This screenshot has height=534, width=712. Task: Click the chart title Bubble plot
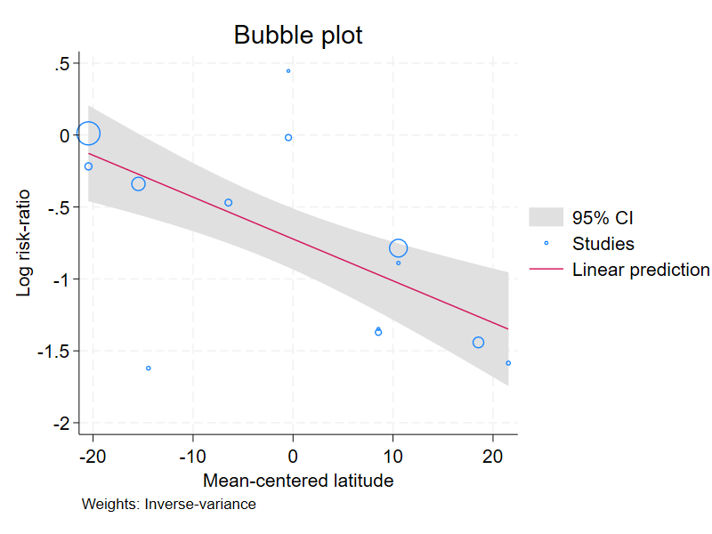click(x=298, y=35)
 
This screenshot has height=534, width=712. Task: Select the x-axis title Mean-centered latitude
click(x=298, y=481)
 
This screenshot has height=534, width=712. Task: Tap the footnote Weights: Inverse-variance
click(x=169, y=505)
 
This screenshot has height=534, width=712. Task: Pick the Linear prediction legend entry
click(x=640, y=270)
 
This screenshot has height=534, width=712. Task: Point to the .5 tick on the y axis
click(x=62, y=63)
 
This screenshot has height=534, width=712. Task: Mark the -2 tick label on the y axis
click(x=61, y=424)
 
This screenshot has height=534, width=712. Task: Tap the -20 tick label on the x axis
click(x=93, y=457)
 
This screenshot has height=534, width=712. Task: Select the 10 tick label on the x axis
click(x=392, y=457)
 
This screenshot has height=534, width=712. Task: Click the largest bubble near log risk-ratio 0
click(x=88, y=133)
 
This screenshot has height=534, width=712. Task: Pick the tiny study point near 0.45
click(x=288, y=71)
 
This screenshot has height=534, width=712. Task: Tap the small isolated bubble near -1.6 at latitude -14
click(x=149, y=368)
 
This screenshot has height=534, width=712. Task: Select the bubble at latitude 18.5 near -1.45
click(x=478, y=343)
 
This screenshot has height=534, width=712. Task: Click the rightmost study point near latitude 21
click(x=508, y=363)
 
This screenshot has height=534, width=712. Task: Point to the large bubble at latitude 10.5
click(x=398, y=248)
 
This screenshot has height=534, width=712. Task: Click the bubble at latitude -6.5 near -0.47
click(x=229, y=203)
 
